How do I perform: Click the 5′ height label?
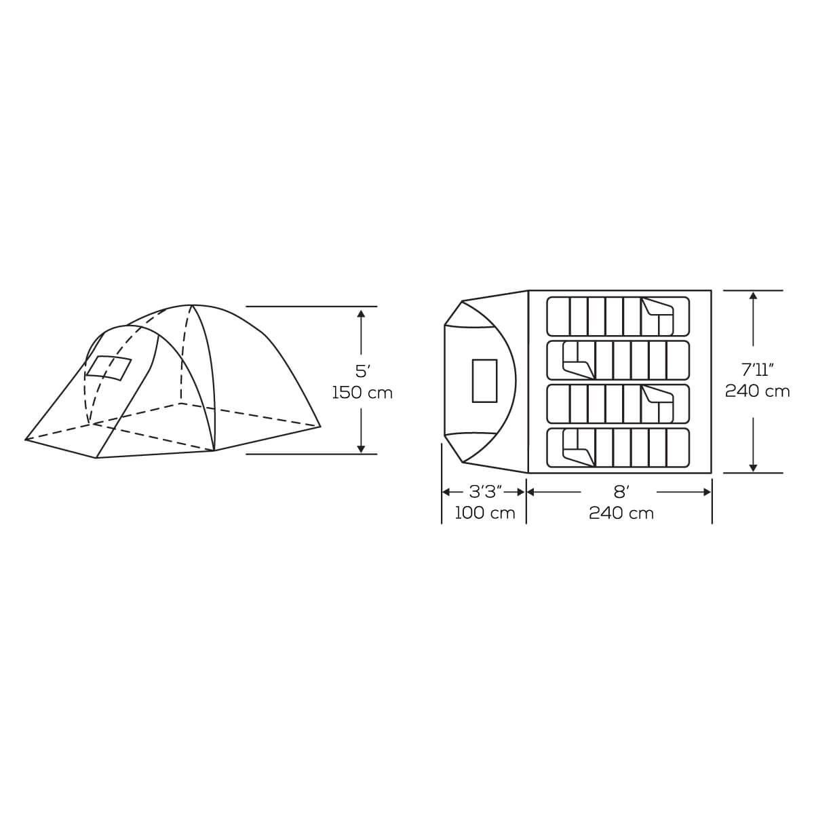pyautogui.click(x=362, y=371)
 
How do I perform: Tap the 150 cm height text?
pyautogui.click(x=362, y=393)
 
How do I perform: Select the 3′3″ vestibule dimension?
pyautogui.click(x=484, y=492)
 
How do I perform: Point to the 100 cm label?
pyautogui.click(x=484, y=513)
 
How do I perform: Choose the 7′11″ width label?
pyautogui.click(x=758, y=370)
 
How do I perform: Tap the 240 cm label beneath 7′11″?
pyautogui.click(x=758, y=391)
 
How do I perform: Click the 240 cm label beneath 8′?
pyautogui.click(x=621, y=513)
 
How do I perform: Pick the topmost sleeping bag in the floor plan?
pyautogui.click(x=618, y=316)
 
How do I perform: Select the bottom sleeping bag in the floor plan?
pyautogui.click(x=618, y=448)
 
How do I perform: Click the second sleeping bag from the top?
pyautogui.click(x=618, y=360)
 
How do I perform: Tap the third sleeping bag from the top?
pyautogui.click(x=618, y=404)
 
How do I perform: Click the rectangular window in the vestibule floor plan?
pyautogui.click(x=484, y=381)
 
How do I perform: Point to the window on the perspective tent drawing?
pyautogui.click(x=108, y=367)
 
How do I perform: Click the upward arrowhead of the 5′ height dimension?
pyautogui.click(x=361, y=313)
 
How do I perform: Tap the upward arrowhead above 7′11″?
pyautogui.click(x=753, y=296)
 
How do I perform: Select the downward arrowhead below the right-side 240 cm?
pyautogui.click(x=753, y=467)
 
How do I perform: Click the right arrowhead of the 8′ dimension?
pyautogui.click(x=707, y=492)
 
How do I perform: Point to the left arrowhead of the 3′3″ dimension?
pyautogui.click(x=446, y=492)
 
